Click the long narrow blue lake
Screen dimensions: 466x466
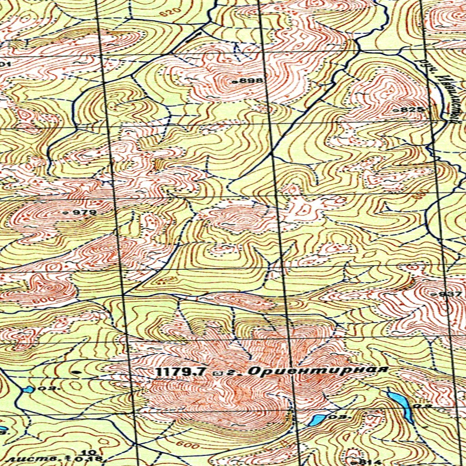click(x=400, y=404)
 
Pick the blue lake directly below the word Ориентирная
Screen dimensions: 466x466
click(x=317, y=420)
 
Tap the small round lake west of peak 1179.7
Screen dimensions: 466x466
click(x=28, y=389)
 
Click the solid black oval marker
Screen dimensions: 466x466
click(x=77, y=372)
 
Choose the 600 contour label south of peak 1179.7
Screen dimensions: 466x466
click(x=188, y=445)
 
